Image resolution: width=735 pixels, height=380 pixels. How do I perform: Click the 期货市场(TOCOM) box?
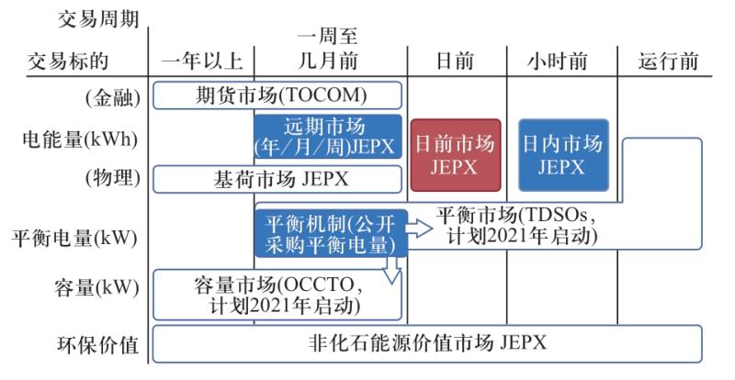tap(277, 95)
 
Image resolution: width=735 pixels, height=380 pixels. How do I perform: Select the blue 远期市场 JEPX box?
tap(328, 139)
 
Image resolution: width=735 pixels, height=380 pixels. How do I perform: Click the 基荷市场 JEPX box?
tap(277, 179)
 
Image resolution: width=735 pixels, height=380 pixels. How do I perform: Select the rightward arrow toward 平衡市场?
tap(419, 229)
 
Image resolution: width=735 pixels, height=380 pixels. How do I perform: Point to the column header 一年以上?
tap(201, 62)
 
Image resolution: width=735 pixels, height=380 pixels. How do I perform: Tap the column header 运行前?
tap(669, 62)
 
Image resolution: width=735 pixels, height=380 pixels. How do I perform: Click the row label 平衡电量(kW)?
tap(73, 237)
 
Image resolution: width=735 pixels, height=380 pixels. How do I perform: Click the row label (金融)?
tap(109, 95)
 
